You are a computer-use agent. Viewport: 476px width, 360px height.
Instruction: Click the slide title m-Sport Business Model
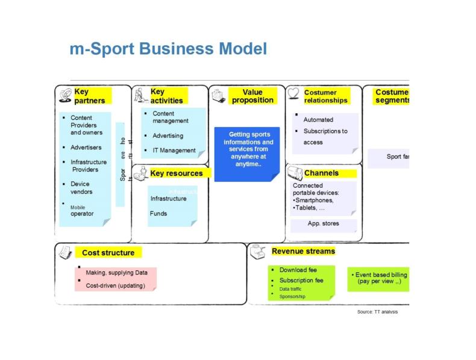pyautogui.click(x=168, y=49)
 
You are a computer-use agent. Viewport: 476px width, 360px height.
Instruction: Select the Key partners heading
pyautogui.click(x=90, y=96)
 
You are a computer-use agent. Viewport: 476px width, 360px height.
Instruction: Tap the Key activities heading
pyautogui.click(x=166, y=96)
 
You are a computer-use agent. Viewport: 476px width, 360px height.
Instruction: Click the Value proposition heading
pyautogui.click(x=252, y=96)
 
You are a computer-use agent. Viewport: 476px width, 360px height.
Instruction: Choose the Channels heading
pyautogui.click(x=321, y=173)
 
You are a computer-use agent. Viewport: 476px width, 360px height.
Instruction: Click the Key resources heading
pyautogui.click(x=177, y=173)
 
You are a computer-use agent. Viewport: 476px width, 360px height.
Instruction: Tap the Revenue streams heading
pyautogui.click(x=303, y=251)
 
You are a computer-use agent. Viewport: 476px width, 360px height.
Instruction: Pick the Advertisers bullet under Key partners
pyautogui.click(x=86, y=147)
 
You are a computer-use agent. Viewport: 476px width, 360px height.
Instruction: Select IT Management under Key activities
pyautogui.click(x=174, y=151)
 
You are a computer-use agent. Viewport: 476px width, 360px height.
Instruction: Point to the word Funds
pyautogui.click(x=158, y=213)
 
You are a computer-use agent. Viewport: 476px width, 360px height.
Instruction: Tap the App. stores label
pyautogui.click(x=323, y=223)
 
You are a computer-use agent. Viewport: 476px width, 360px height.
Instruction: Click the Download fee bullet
pyautogui.click(x=298, y=270)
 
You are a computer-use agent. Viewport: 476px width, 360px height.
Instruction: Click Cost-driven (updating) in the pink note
pyautogui.click(x=116, y=285)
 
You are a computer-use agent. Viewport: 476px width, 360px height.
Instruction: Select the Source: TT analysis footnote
pyautogui.click(x=377, y=312)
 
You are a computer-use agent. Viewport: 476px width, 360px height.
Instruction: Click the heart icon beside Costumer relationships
pyautogui.click(x=293, y=93)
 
